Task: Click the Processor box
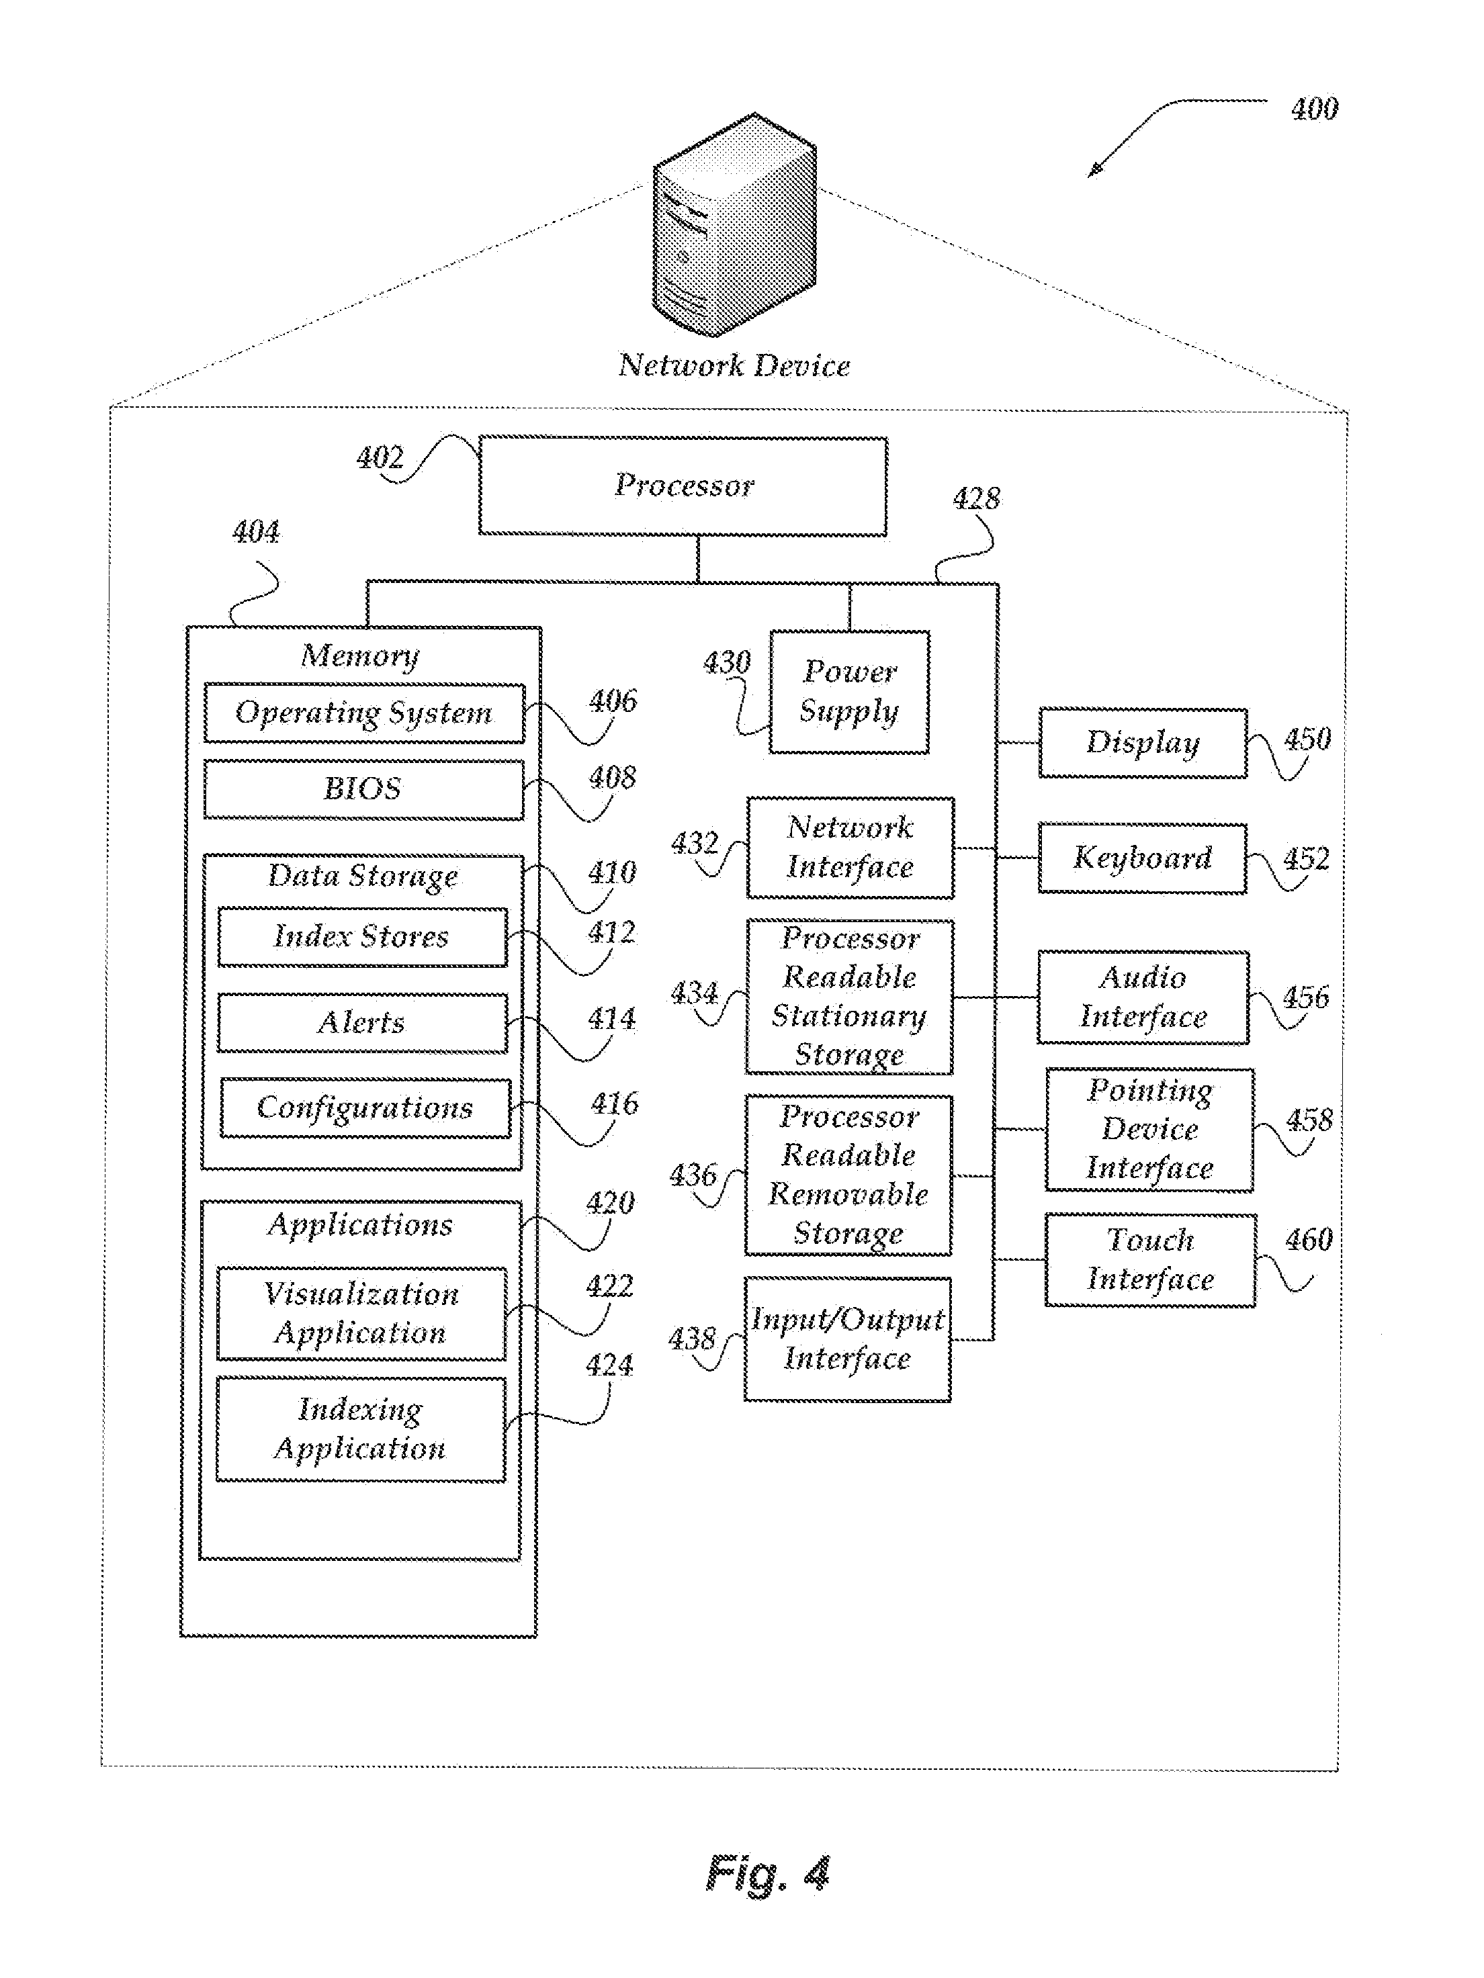683,486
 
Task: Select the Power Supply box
849,691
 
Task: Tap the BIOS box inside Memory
363,789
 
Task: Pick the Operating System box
363,713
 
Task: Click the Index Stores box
361,936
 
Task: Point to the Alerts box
361,1022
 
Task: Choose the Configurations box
364,1108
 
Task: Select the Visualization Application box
361,1312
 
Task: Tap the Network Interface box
850,847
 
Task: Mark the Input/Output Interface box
847,1339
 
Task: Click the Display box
1142,742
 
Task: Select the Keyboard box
1142,858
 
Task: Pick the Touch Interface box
1149,1259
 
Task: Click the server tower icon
734,226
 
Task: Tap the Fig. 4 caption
767,1873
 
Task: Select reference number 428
976,498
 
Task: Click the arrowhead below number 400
1093,172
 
